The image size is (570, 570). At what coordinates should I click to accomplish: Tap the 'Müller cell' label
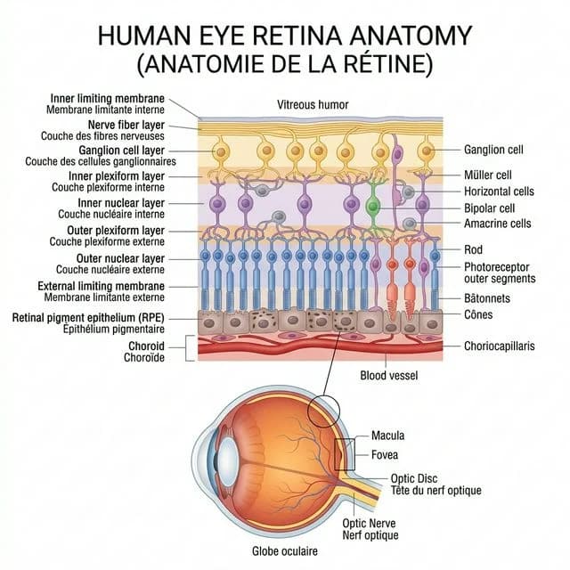(487, 175)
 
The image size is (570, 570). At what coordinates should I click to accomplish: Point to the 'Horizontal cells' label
(499, 191)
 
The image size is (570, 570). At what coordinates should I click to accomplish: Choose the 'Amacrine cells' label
(498, 224)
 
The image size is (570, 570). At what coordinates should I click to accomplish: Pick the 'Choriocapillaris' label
(500, 346)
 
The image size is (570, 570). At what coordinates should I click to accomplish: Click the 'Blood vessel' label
(387, 376)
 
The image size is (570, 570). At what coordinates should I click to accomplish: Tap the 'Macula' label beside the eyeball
(387, 436)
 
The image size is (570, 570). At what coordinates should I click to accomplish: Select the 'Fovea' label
(384, 455)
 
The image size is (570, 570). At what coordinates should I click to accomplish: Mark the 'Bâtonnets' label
(491, 297)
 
